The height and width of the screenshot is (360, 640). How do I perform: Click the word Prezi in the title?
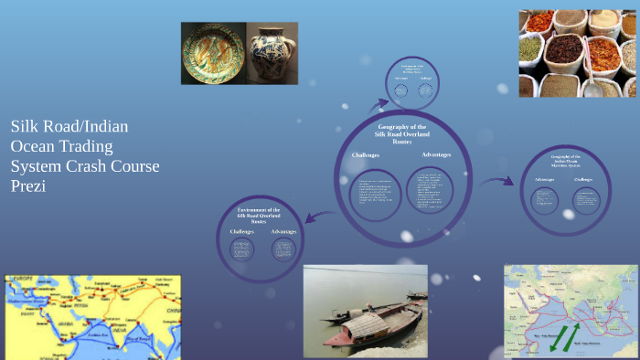[x=28, y=185]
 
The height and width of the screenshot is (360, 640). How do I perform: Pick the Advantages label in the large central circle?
[x=436, y=154]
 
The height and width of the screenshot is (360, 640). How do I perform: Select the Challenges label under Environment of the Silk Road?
[x=243, y=232]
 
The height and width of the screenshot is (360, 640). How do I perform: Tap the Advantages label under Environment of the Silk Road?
[x=285, y=232]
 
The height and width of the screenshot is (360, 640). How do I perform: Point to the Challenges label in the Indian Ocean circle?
[x=584, y=179]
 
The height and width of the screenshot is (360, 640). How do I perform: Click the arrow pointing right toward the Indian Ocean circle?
[x=496, y=182]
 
